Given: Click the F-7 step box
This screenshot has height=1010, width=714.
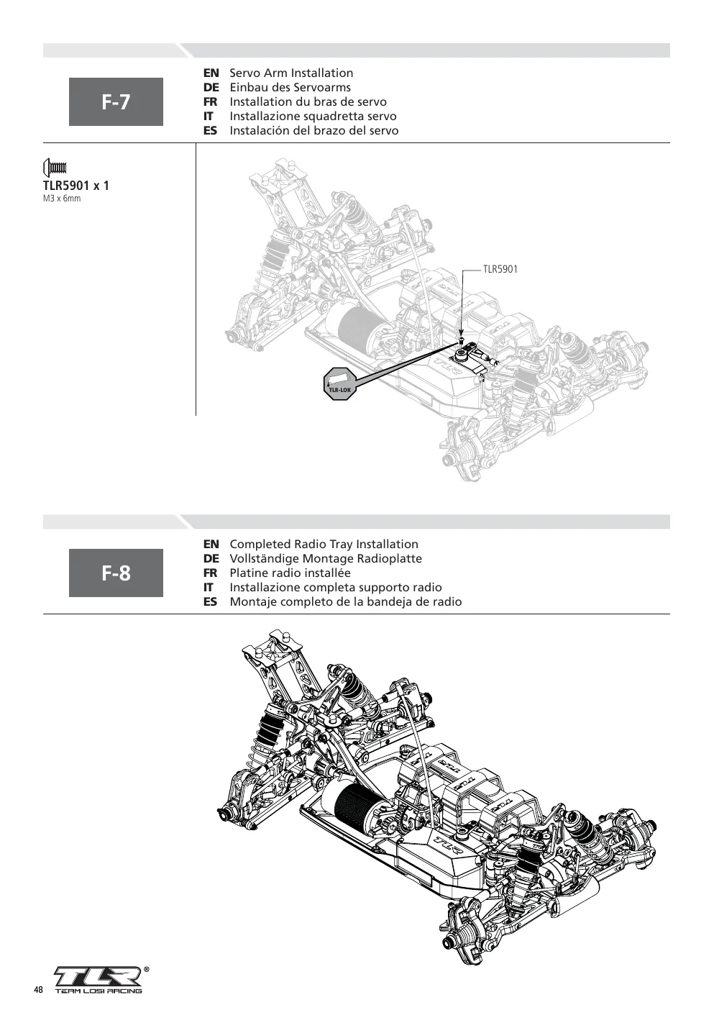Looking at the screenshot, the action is pos(116,101).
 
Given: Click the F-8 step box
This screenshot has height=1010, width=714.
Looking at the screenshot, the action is pos(116,573).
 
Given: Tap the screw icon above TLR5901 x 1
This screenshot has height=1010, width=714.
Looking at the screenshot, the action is pos(55,168).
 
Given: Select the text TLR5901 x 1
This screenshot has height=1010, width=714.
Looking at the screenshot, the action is pos(76,186).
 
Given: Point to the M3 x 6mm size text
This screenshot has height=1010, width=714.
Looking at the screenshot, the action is pos(62,199).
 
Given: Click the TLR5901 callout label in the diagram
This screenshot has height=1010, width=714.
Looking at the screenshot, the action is pos(500,269).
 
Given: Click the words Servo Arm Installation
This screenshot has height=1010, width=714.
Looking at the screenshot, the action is pos(291,73).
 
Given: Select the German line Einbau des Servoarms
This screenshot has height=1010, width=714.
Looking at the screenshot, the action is pos(290,88).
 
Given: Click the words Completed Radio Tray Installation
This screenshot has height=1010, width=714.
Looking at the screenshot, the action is pos(324,545).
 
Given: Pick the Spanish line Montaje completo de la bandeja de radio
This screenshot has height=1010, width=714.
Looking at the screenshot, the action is pos(346,602).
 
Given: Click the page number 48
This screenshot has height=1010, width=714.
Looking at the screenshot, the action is pos(38,990).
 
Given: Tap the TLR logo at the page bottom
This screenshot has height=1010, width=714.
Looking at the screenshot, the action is pos(99,975).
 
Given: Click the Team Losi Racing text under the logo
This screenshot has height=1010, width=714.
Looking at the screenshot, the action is pos(99,991).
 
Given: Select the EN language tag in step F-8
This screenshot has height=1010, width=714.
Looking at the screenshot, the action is pos(211,545).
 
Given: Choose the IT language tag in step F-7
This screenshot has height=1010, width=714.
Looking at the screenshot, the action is pos(209,117).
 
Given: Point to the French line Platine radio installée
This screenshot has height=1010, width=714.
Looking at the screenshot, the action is pos(290,573).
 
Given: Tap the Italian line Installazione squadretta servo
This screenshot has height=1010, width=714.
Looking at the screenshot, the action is pos(313,117).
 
